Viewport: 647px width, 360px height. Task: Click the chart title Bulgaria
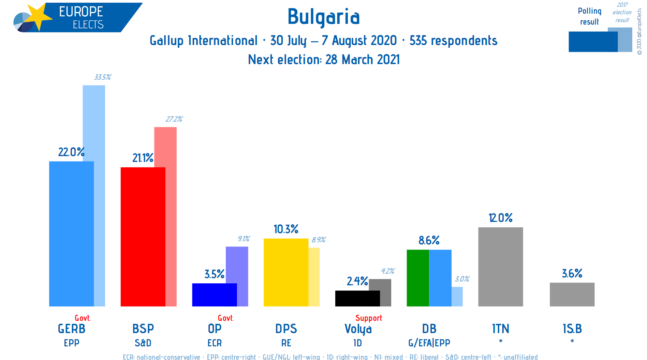point(324,17)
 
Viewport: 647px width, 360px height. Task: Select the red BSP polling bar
point(143,237)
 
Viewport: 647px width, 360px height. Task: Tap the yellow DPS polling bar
point(286,272)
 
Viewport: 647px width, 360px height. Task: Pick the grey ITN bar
point(500,267)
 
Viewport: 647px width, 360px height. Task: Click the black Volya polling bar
point(357,298)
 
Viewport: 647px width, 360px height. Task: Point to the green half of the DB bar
point(418,278)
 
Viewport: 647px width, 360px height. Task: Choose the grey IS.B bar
point(572,295)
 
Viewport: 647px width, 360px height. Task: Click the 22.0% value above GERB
point(71,152)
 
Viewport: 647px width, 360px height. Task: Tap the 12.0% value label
point(500,218)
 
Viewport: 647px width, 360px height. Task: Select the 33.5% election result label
point(103,77)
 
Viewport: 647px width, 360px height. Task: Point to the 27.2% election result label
point(174,119)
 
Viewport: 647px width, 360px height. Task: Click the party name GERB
point(72,329)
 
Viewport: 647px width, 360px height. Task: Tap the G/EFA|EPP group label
point(429,343)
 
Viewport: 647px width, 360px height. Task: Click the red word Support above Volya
point(369,318)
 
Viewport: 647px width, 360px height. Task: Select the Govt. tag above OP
point(226,318)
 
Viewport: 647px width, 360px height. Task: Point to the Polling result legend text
point(590,16)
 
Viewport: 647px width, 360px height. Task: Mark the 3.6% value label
point(572,273)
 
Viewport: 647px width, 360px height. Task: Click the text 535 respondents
point(453,41)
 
